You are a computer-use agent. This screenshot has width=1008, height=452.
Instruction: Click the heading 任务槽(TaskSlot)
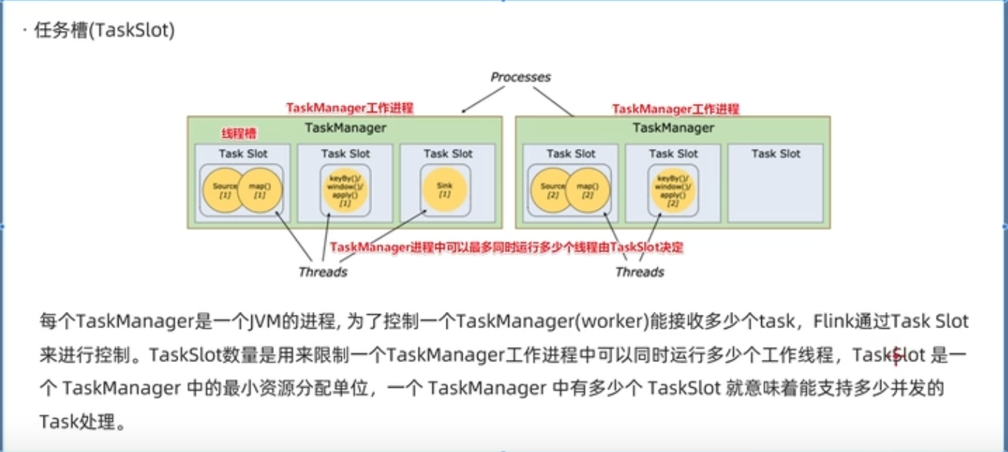click(104, 32)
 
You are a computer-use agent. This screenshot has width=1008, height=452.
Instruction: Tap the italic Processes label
click(520, 77)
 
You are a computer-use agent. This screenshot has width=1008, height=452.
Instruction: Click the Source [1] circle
click(223, 190)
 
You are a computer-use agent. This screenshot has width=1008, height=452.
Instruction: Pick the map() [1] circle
click(259, 190)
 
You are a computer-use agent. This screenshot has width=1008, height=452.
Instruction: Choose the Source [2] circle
click(552, 190)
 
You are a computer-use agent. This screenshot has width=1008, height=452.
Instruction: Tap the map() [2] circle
click(587, 190)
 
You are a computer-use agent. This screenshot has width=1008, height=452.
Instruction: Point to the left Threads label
click(323, 272)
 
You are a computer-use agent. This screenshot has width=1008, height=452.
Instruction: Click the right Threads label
click(640, 272)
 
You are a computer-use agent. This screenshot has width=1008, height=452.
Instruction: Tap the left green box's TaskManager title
click(345, 128)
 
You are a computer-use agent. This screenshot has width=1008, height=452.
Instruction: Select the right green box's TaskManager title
click(673, 128)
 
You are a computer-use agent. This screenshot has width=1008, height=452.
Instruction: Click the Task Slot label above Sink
click(447, 153)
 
